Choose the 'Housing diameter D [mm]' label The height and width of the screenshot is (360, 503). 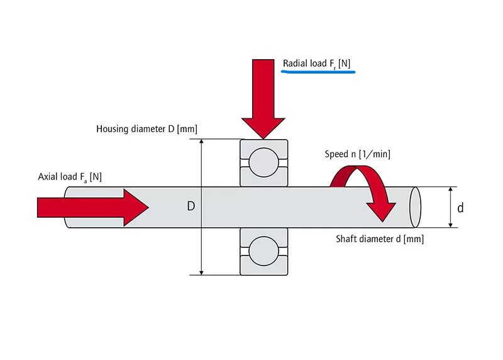point(146,129)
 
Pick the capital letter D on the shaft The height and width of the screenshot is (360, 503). point(191,206)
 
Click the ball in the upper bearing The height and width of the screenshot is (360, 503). point(263,162)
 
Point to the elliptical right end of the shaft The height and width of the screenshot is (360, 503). point(414,206)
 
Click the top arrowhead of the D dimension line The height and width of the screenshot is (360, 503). point(201,142)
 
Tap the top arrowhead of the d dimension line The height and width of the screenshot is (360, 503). point(451,189)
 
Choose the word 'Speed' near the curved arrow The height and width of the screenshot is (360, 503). point(336,154)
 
